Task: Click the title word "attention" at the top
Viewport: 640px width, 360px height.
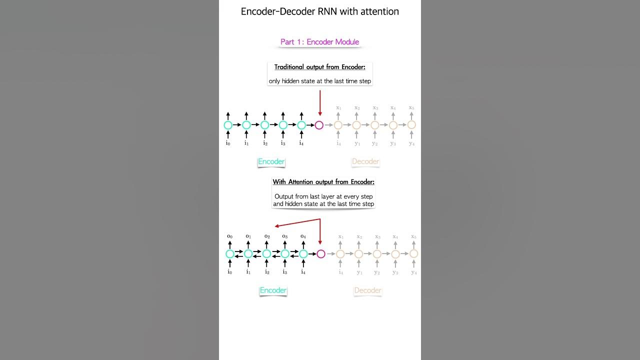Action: [378, 11]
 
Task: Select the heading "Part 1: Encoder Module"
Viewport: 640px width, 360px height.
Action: [319, 42]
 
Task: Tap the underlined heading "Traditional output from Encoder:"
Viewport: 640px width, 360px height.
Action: [319, 67]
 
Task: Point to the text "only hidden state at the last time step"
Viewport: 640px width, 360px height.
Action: [319, 81]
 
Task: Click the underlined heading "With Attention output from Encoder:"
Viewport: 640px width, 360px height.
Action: [323, 182]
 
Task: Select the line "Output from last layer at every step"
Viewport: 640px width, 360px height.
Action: [323, 196]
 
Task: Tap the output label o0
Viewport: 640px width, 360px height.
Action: [230, 236]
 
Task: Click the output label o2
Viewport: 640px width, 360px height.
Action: [267, 236]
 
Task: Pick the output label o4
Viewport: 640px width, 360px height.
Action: [303, 236]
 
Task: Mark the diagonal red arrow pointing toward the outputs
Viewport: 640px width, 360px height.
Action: [297, 222]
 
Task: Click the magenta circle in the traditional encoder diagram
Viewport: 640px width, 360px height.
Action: [319, 125]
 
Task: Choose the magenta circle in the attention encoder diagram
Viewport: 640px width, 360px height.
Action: [321, 254]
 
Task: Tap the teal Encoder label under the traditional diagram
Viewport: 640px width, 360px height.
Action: [271, 161]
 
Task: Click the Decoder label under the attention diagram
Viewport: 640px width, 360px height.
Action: [367, 290]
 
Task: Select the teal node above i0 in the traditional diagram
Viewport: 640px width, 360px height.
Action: [228, 125]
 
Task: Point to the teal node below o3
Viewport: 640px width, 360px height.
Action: [285, 254]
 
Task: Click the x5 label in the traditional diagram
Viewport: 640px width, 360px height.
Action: [411, 107]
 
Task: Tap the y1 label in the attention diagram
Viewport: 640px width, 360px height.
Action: [359, 272]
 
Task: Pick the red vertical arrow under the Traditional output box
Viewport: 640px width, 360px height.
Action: [319, 102]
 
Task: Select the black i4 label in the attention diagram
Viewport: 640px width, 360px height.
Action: [303, 272]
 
